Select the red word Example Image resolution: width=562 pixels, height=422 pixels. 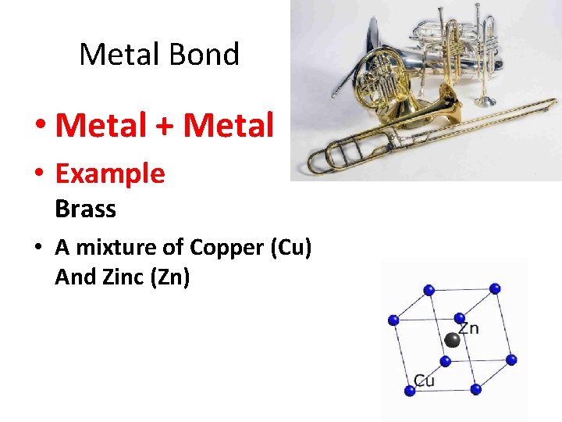(110, 173)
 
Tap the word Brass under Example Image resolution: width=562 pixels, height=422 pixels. (85, 209)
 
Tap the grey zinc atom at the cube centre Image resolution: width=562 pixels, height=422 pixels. (451, 340)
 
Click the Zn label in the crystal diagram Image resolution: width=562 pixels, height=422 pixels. (468, 327)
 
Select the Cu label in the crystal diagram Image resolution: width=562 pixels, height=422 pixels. (424, 381)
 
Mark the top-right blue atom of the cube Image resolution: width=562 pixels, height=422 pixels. (495, 288)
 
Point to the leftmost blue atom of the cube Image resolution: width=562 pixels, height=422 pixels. (393, 320)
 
